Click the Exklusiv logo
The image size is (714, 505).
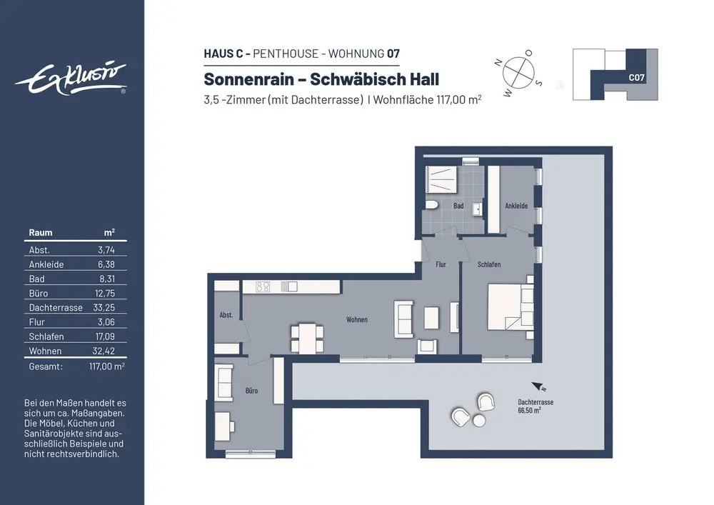tap(71, 79)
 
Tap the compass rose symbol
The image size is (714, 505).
tap(518, 73)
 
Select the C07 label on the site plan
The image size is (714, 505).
tap(636, 77)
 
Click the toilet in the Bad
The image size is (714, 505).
tap(432, 206)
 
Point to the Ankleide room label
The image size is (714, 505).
tap(516, 206)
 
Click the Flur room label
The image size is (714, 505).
tap(441, 264)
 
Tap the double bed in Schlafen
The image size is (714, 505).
tap(511, 307)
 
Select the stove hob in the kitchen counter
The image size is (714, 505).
tap(263, 286)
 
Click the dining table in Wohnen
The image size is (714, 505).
tap(307, 339)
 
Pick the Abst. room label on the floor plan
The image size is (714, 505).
tap(226, 315)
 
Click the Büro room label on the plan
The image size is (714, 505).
tap(251, 391)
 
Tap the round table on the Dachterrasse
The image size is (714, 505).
tap(479, 421)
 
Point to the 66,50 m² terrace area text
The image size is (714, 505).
tap(529, 410)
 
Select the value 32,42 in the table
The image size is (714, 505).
tap(104, 351)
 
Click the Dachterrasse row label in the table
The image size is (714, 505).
tap(56, 308)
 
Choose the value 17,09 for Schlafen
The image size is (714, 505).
tap(104, 336)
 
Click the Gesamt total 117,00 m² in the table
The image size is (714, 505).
tap(107, 366)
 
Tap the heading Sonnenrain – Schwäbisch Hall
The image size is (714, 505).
tap(321, 79)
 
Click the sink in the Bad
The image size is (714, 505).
tap(477, 209)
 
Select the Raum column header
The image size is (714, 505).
tap(41, 233)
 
